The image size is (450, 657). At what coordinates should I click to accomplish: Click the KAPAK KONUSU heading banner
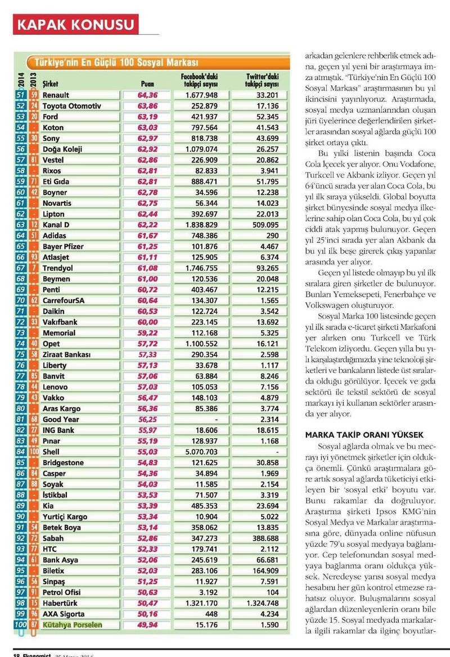pos(76,24)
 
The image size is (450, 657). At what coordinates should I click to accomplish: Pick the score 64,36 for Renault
pos(147,95)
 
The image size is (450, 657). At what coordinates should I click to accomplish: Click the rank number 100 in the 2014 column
pos(20,624)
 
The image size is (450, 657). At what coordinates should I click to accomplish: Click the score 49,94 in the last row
pos(147,624)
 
